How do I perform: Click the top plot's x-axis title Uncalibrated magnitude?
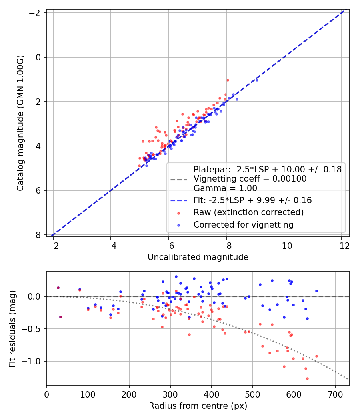tap(198, 257)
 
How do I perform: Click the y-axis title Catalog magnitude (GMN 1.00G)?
tap(20, 123)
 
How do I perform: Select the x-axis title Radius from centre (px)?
tap(198, 406)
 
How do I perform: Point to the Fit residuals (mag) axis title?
tap(12, 329)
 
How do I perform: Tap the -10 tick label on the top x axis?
tap(284, 246)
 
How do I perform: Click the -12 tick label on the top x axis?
tap(342, 246)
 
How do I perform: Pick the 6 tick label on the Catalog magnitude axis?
tap(38, 190)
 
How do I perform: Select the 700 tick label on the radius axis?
tap(335, 394)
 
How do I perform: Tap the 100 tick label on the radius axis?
tap(88, 394)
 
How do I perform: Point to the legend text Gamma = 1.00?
tap(225, 188)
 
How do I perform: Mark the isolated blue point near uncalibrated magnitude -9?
tap(257, 80)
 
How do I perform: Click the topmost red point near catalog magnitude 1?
tap(228, 80)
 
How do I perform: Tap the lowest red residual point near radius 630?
tap(307, 378)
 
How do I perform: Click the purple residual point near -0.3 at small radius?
tap(60, 317)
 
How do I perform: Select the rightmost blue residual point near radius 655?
tap(316, 291)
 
